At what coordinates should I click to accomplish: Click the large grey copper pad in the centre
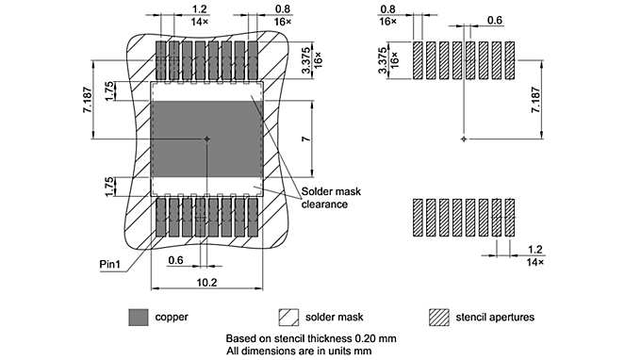point(205,139)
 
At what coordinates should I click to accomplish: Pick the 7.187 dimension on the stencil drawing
point(536,97)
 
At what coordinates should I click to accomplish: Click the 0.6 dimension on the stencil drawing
point(495,21)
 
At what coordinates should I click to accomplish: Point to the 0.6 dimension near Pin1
point(175,261)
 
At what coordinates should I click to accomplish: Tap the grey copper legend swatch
point(138,317)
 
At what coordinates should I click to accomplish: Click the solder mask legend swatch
point(288,317)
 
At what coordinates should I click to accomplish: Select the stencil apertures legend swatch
point(438,317)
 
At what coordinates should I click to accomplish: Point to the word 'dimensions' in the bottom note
point(271,351)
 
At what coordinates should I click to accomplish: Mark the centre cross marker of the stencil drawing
point(463,139)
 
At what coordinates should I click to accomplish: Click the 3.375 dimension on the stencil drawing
point(382,57)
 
